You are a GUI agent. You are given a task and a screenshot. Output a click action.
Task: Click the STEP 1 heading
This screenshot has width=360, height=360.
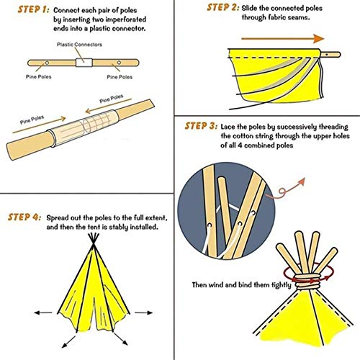[x=27, y=11]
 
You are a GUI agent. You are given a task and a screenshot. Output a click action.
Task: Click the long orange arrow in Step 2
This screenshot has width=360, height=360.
[x=273, y=37]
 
